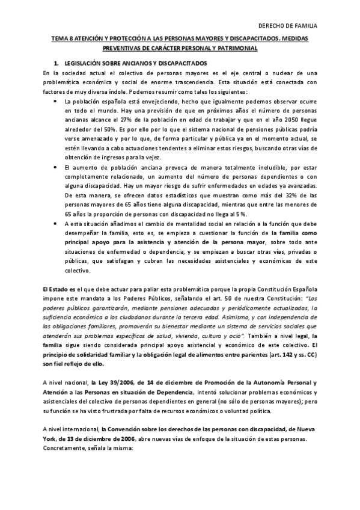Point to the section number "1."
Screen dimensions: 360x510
click(56, 63)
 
